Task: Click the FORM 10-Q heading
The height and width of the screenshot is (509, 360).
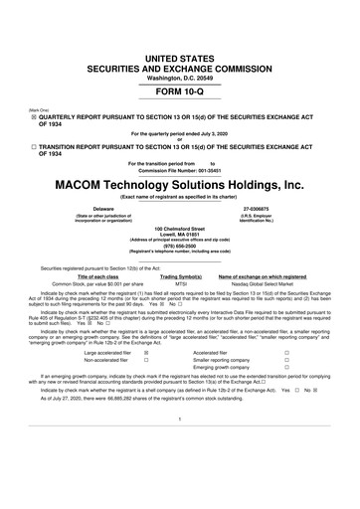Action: pyautogui.click(x=180, y=62)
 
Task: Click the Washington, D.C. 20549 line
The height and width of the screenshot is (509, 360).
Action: pyautogui.click(x=180, y=36)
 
